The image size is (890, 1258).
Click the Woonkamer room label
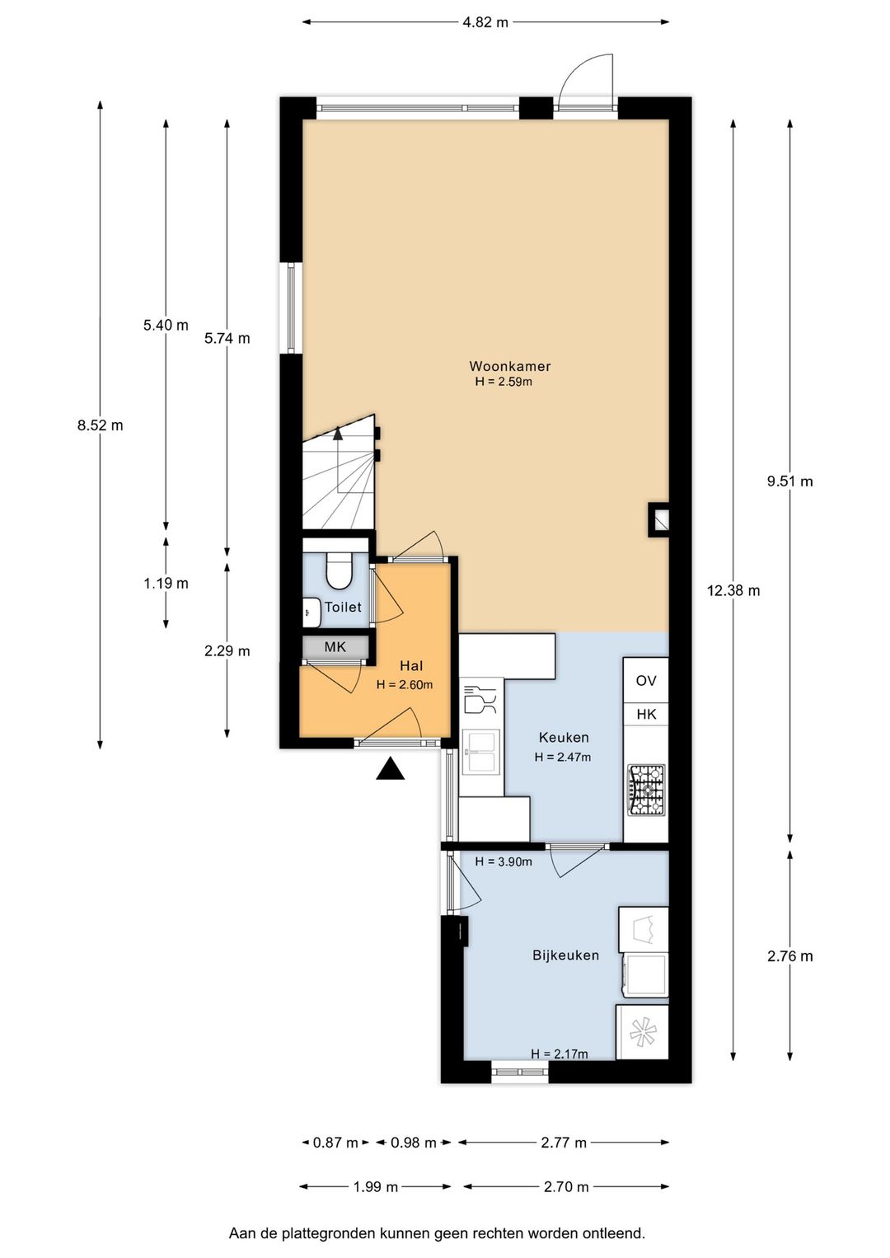click(509, 366)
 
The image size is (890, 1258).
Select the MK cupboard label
click(335, 647)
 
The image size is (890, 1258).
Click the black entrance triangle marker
click(391, 768)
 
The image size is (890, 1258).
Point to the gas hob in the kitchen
click(646, 790)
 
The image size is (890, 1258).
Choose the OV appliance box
click(646, 681)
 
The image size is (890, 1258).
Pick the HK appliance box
click(646, 715)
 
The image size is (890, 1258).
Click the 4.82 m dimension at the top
click(485, 22)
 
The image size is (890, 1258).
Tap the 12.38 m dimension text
click(733, 590)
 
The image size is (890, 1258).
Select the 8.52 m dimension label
click(100, 425)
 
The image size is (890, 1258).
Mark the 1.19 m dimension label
click(166, 584)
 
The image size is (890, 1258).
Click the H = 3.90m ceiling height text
click(504, 861)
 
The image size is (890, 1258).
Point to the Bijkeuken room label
click(565, 955)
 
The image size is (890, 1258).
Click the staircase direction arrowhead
click(338, 433)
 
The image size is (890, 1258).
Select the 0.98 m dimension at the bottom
click(414, 1143)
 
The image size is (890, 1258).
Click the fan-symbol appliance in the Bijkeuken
click(642, 1032)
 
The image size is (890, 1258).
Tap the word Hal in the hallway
click(411, 666)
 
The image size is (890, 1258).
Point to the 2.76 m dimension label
click(790, 955)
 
